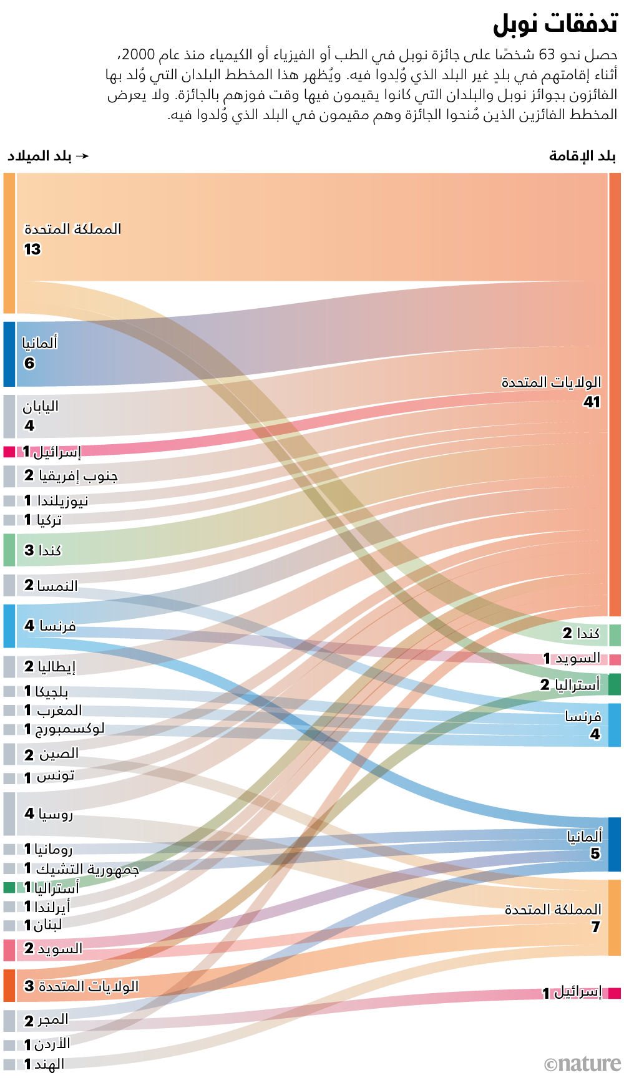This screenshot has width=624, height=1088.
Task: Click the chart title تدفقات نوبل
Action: (555, 24)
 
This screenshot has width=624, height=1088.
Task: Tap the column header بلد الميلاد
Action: (40, 156)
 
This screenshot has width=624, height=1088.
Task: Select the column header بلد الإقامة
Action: (582, 156)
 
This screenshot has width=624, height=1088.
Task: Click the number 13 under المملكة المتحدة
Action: (32, 250)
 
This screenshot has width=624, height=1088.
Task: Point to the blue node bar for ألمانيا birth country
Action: (9, 354)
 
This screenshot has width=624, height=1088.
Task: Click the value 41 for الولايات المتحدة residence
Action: (592, 402)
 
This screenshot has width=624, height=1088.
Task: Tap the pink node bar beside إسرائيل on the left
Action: (9, 452)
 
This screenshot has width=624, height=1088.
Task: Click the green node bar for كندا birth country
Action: (9, 550)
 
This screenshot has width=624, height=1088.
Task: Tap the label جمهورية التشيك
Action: (87, 868)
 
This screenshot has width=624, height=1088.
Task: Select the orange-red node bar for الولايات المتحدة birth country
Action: (9, 986)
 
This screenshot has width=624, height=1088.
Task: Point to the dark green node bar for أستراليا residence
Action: (615, 684)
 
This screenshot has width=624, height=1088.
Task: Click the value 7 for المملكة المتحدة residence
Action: (595, 927)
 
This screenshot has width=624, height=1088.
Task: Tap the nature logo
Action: (583, 1064)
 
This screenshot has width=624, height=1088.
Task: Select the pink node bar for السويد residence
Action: (615, 659)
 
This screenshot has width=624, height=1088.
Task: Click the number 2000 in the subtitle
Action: (137, 55)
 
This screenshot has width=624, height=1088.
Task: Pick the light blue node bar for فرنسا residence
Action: (615, 725)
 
